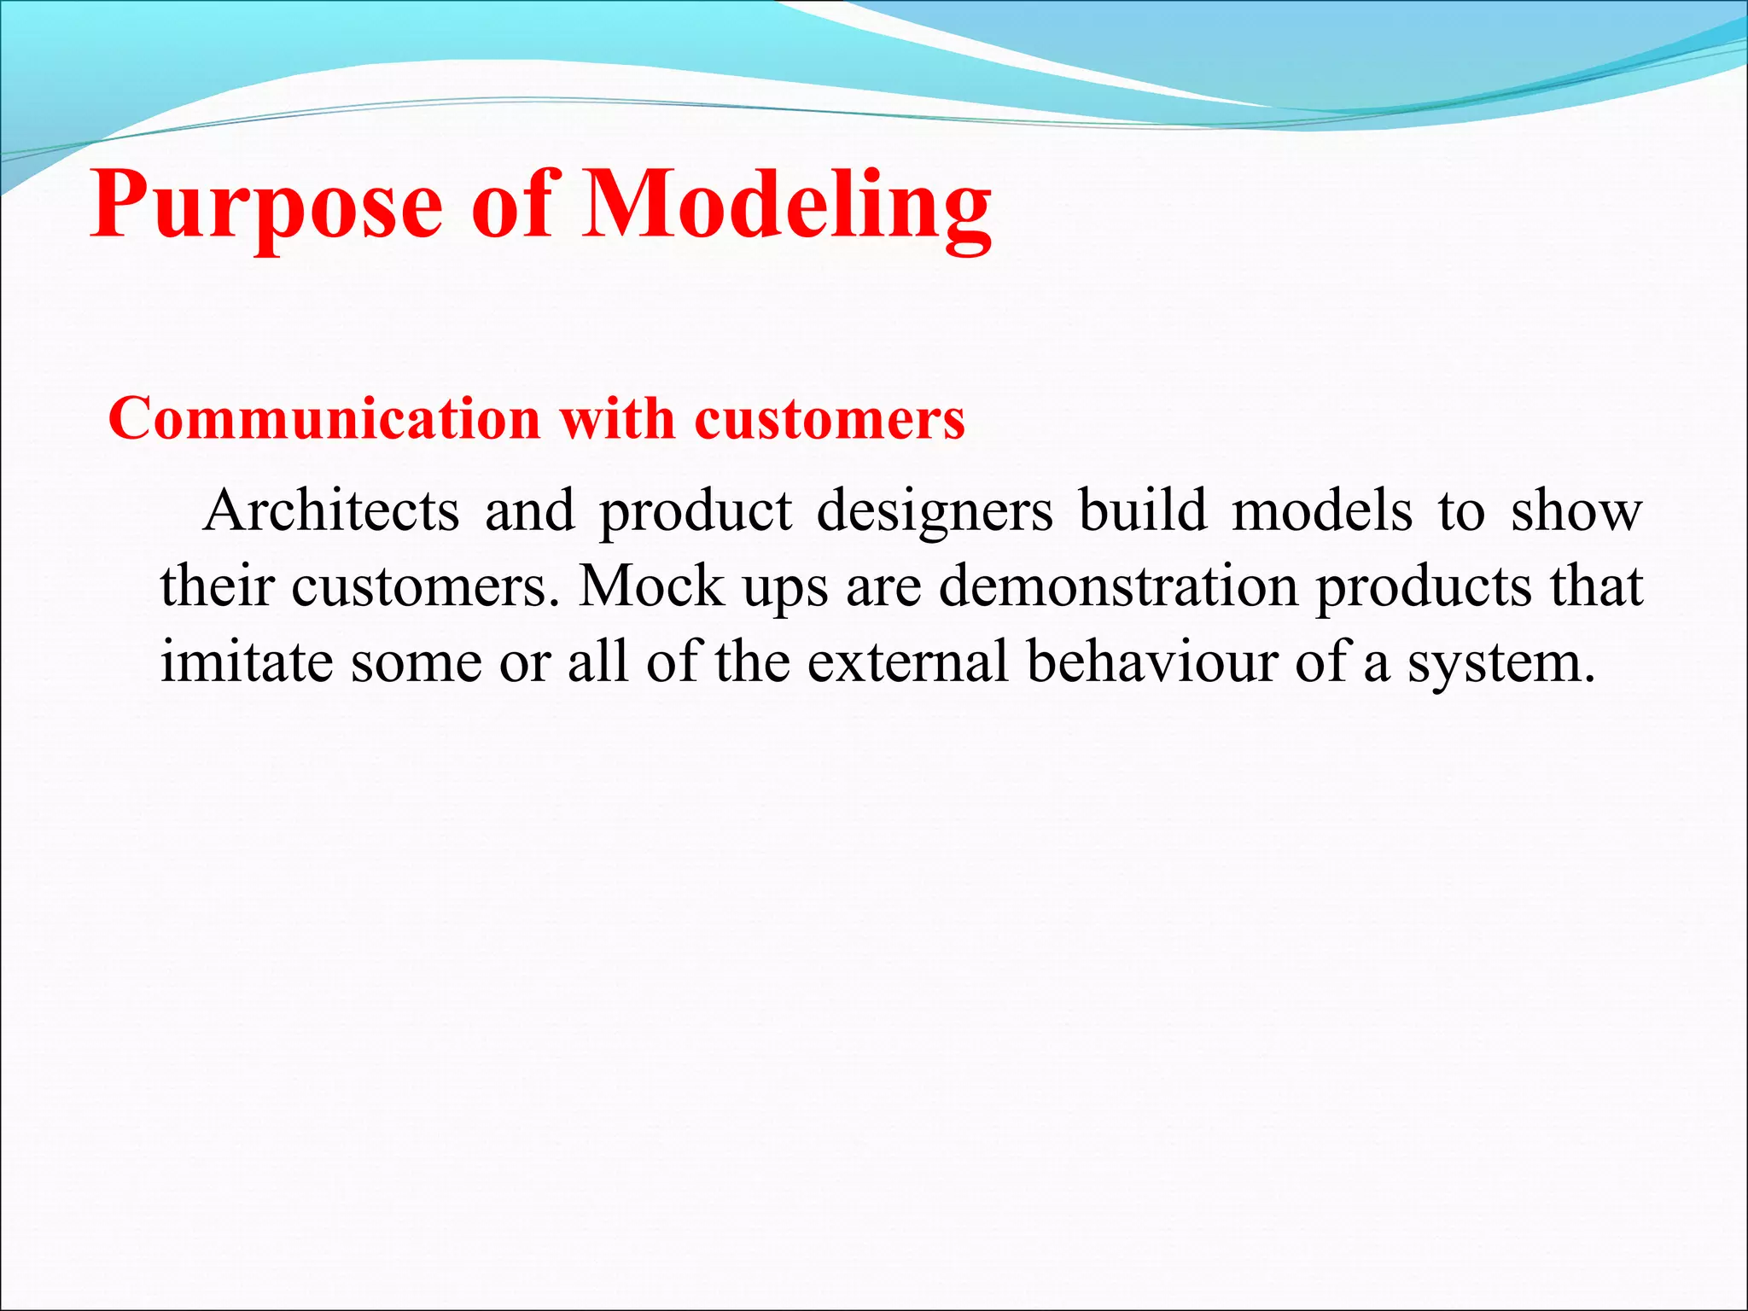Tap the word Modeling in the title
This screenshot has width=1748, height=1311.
[787, 205]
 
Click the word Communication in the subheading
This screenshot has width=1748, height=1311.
[324, 419]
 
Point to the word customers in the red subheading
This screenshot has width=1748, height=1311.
[830, 419]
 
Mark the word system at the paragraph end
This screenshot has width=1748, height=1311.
[1498, 662]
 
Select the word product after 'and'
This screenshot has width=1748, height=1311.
[696, 512]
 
